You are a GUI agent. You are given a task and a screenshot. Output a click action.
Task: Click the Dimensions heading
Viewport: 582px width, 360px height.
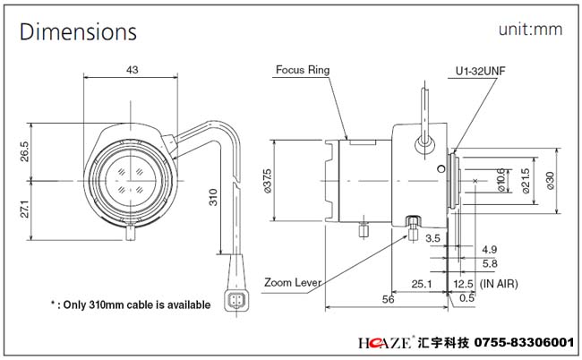click(79, 32)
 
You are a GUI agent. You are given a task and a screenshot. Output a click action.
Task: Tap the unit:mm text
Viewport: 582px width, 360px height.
click(531, 30)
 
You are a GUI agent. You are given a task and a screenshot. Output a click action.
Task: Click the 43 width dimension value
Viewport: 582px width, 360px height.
click(132, 69)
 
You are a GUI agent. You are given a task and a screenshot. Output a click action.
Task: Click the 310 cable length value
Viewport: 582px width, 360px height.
click(213, 196)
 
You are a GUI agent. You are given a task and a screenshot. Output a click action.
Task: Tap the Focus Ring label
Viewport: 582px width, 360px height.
click(303, 68)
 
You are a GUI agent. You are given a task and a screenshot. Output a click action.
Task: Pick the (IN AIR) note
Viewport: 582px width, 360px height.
click(500, 283)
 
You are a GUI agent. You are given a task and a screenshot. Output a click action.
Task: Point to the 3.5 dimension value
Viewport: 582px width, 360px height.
click(432, 237)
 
